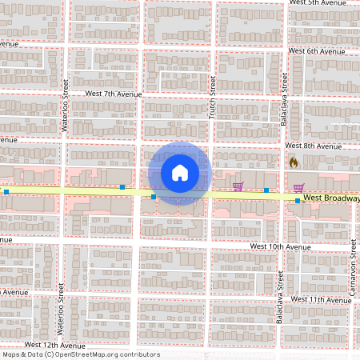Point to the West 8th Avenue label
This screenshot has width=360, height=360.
(314, 146)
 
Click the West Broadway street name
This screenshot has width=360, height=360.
(331, 198)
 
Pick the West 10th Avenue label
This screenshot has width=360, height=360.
(280, 247)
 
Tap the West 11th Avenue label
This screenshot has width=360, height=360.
(320, 298)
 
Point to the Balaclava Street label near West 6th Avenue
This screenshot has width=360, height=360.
(284, 94)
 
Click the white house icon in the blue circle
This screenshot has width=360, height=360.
(179, 173)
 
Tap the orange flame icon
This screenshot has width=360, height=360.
(293, 162)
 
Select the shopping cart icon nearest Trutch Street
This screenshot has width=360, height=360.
(238, 187)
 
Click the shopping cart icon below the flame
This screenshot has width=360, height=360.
(298, 189)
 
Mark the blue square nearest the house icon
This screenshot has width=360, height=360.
(154, 196)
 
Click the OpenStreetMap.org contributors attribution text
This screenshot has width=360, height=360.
(103, 354)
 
